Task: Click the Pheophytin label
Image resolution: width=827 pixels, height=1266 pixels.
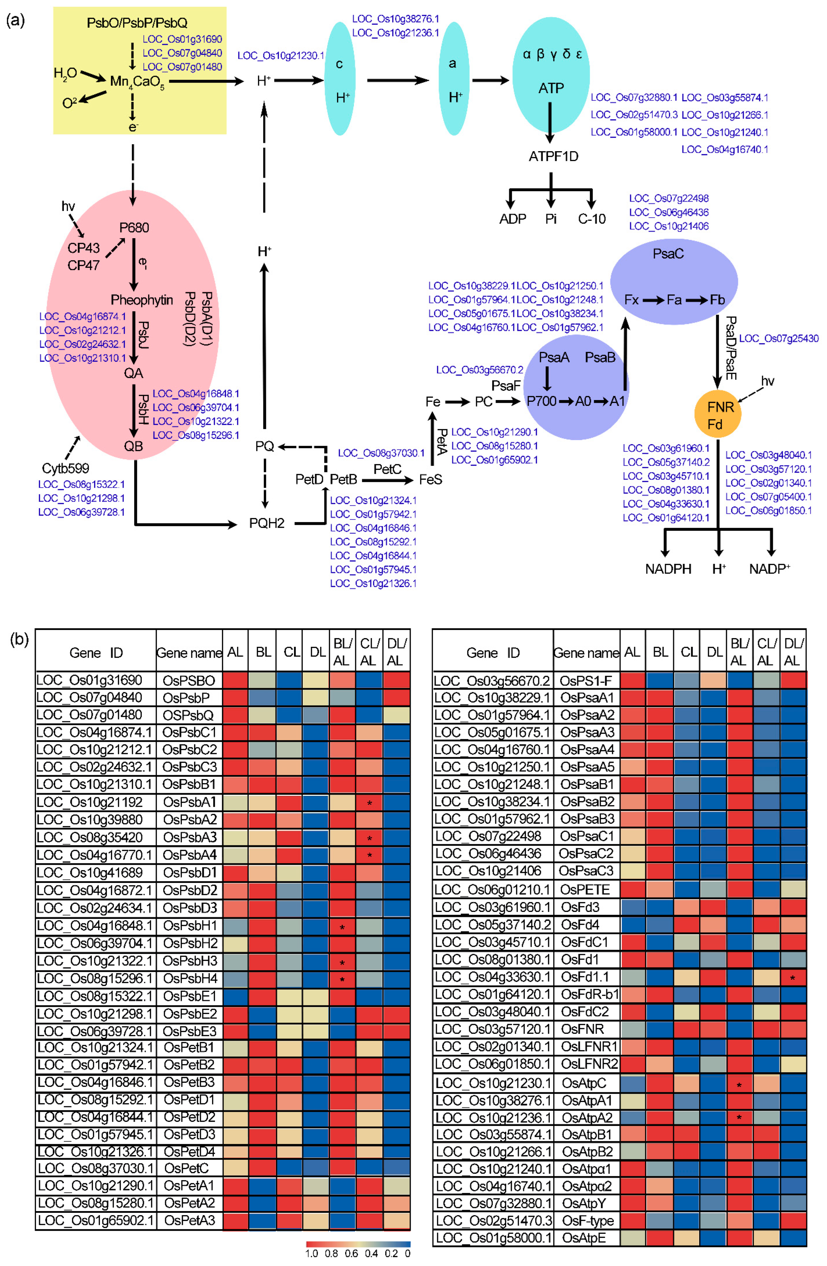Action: pyautogui.click(x=141, y=300)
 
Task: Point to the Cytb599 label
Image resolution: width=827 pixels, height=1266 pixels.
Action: pyautogui.click(x=66, y=468)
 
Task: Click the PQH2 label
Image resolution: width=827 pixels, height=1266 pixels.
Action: pyautogui.click(x=266, y=523)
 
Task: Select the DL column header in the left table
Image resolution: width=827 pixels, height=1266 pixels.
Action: pyautogui.click(x=317, y=652)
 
